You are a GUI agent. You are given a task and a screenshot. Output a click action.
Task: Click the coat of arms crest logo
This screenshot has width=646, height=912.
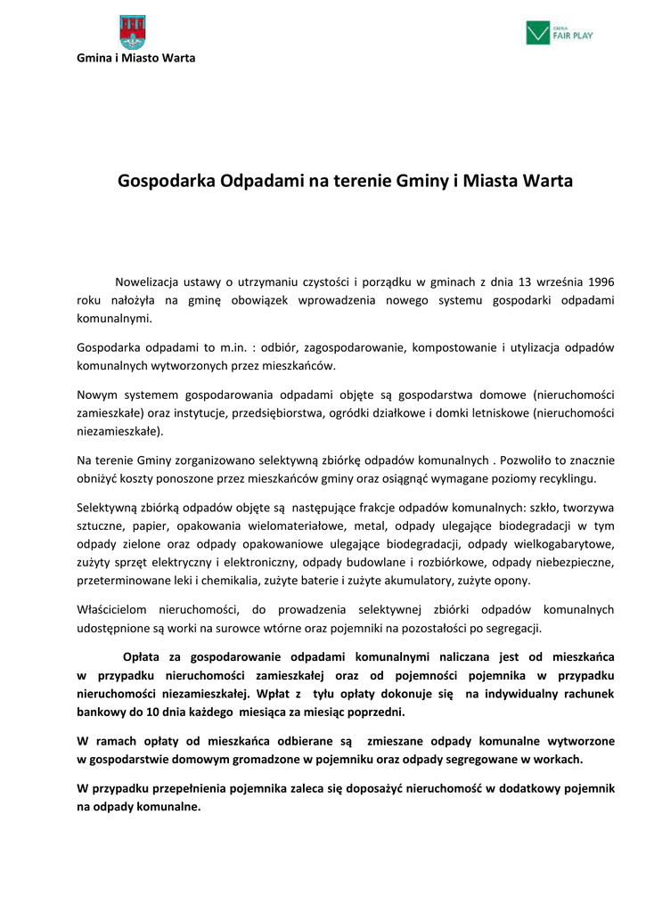pyautogui.click(x=134, y=32)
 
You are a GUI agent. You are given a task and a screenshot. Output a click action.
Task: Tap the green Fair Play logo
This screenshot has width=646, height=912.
pyautogui.click(x=560, y=33)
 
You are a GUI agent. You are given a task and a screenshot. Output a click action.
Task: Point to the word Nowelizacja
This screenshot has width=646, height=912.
pyautogui.click(x=150, y=282)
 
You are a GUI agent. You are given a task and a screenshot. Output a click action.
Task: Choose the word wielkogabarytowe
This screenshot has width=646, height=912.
pyautogui.click(x=567, y=543)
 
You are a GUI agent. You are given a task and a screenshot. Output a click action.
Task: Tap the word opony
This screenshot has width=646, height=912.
pyautogui.click(x=514, y=581)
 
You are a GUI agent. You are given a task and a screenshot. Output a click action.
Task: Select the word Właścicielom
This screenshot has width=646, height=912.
pyautogui.click(x=115, y=609)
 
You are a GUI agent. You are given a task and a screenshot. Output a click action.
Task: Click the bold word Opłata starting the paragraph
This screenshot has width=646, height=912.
pyautogui.click(x=143, y=658)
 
